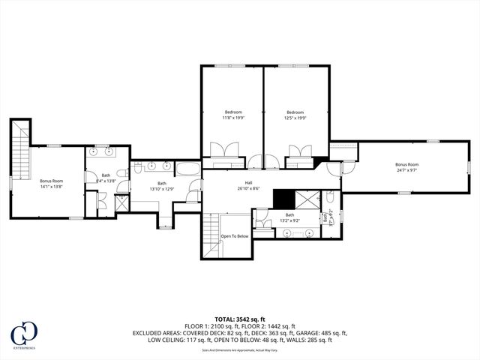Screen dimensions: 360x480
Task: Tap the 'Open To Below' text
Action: tap(234, 236)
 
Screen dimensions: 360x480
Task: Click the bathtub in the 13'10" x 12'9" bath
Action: tap(190, 167)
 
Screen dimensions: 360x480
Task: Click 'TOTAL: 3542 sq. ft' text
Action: tap(240, 319)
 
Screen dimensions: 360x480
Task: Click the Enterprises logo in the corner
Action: tap(25, 336)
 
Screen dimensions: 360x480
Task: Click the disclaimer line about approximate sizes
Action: tap(240, 349)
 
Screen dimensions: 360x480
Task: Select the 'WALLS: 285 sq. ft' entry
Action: tap(308, 340)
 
